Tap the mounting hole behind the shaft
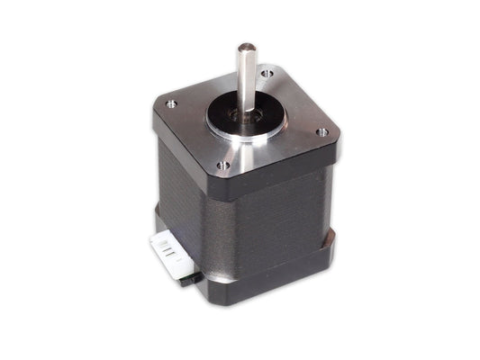click(x=267, y=74)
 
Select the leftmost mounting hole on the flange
click(x=171, y=105)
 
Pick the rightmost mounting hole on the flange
click(x=322, y=132)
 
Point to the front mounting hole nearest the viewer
click(x=223, y=166)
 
